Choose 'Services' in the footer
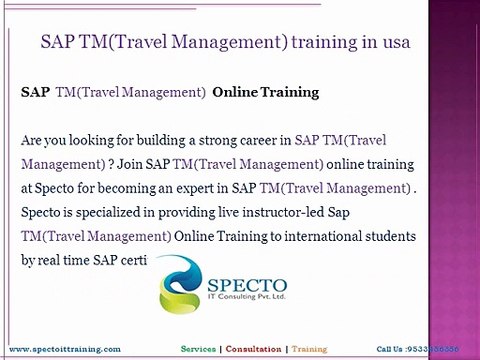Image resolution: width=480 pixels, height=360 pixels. tap(204, 349)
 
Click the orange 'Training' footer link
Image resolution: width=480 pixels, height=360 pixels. tap(310, 349)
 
